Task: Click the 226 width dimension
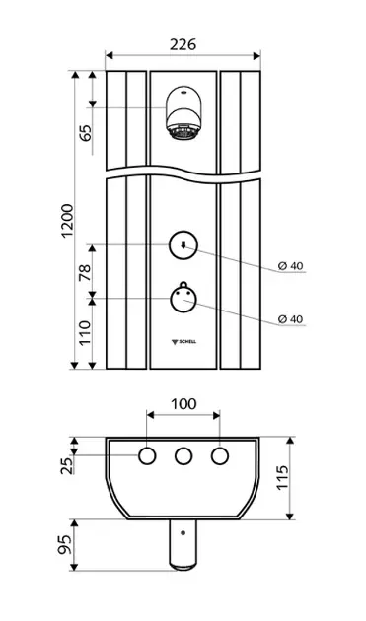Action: click(183, 44)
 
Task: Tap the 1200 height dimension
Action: click(68, 221)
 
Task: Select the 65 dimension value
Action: click(85, 133)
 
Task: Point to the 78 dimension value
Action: click(85, 272)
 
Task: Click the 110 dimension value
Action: click(85, 333)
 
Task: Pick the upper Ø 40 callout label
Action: click(290, 266)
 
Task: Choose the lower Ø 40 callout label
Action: click(290, 318)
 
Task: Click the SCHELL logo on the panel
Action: click(183, 342)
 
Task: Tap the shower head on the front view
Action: click(185, 113)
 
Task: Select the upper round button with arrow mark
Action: click(183, 245)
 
